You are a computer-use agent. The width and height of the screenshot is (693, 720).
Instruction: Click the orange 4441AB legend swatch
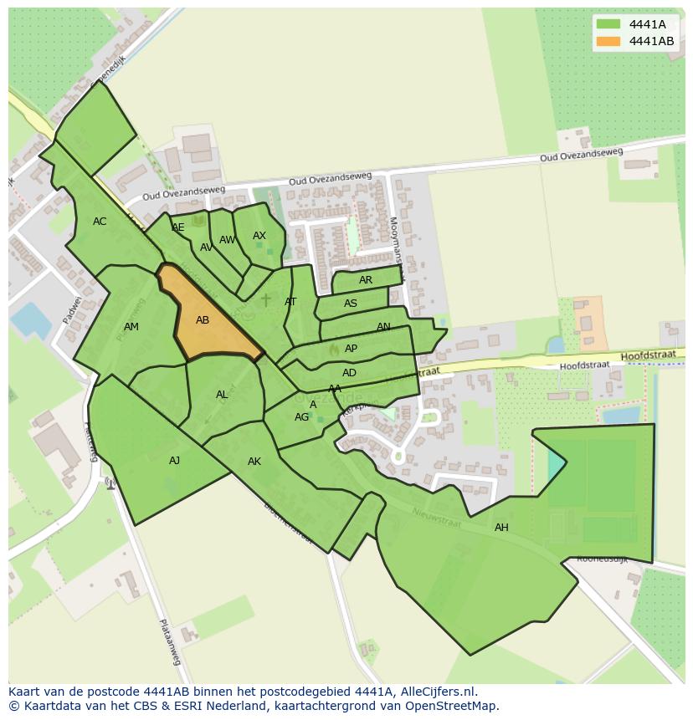click(x=608, y=41)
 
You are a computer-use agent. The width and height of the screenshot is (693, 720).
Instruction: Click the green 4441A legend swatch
click(x=608, y=24)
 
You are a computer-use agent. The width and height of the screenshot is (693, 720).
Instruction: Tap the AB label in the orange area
click(x=203, y=319)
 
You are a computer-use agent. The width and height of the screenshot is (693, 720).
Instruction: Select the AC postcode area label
click(x=100, y=222)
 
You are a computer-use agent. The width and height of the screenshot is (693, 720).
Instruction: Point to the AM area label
click(x=131, y=327)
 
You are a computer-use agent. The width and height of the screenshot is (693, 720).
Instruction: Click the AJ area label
click(x=174, y=460)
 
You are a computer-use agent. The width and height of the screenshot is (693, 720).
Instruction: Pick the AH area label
click(x=501, y=528)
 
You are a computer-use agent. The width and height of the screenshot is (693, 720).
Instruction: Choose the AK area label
click(x=254, y=462)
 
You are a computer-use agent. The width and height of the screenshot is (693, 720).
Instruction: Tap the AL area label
click(x=222, y=395)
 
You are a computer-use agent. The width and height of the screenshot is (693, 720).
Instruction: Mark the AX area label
click(x=259, y=236)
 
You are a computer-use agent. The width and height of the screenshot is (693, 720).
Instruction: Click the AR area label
click(x=366, y=280)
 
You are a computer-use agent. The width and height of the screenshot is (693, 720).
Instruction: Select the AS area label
click(x=351, y=304)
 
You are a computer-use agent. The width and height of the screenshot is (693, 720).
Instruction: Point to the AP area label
click(x=352, y=349)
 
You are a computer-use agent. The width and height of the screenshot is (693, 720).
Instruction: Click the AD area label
click(x=350, y=373)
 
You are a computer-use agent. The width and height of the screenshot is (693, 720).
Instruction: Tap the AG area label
click(x=301, y=417)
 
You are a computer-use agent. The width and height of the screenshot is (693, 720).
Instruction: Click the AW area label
click(x=227, y=240)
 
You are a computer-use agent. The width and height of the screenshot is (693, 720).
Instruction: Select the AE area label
click(x=178, y=227)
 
